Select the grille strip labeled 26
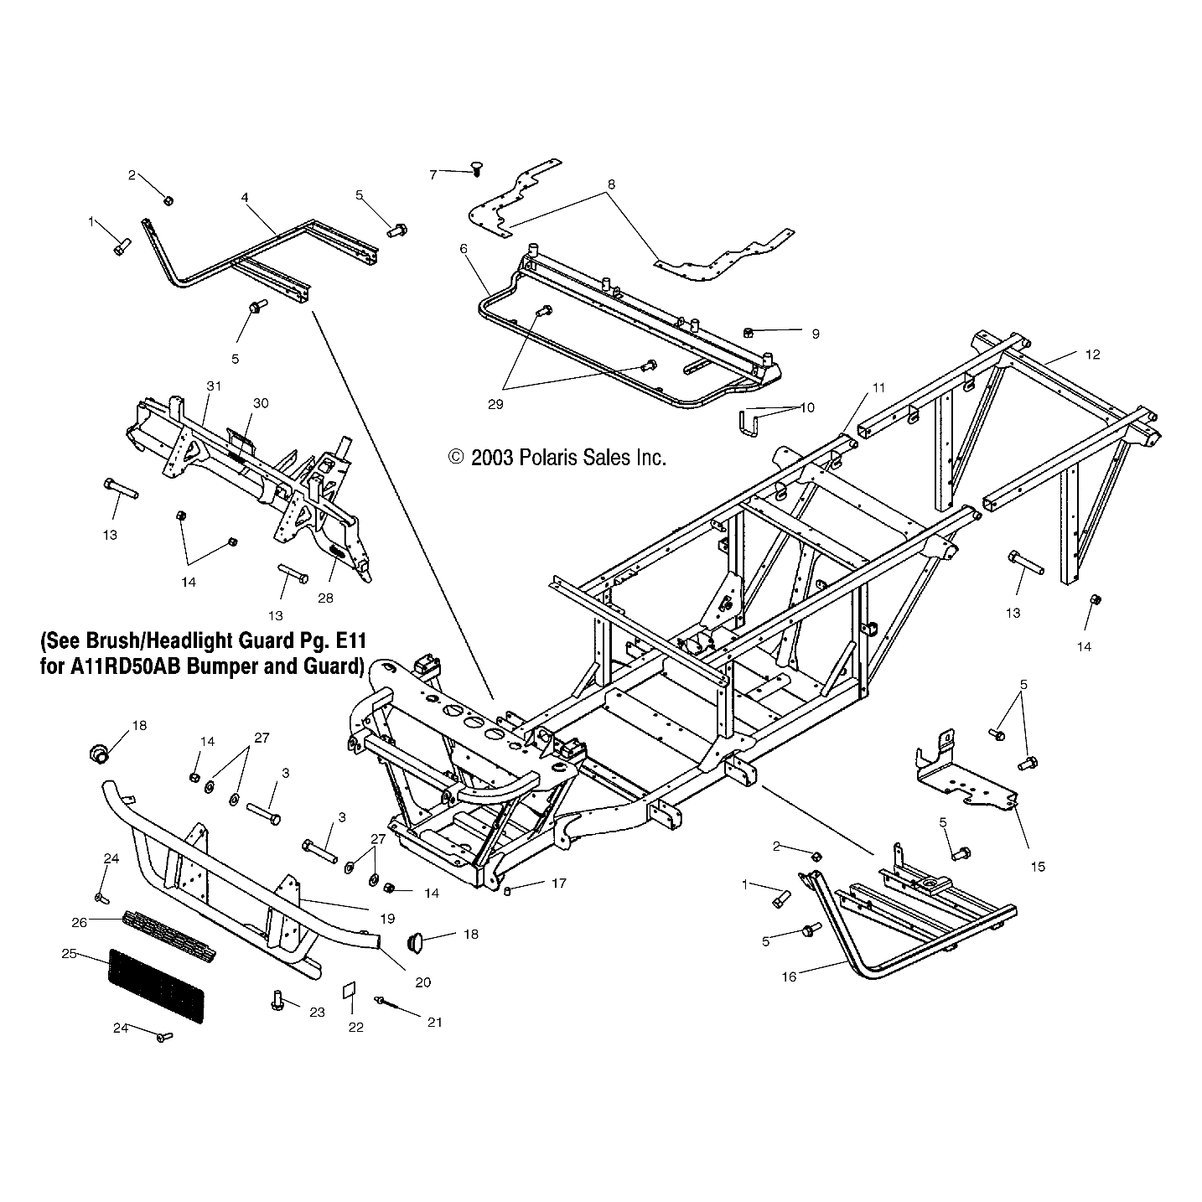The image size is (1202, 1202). (169, 934)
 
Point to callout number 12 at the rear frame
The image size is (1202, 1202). (1091, 355)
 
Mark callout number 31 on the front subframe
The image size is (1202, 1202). (214, 386)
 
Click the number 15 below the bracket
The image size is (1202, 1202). (1038, 867)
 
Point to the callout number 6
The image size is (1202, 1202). (463, 248)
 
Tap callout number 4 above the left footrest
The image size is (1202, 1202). (245, 197)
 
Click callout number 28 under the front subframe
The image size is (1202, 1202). (325, 598)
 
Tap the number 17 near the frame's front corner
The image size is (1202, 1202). (557, 883)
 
